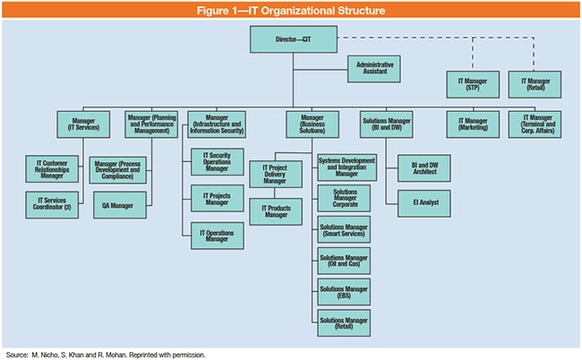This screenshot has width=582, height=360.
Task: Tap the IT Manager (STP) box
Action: (472, 85)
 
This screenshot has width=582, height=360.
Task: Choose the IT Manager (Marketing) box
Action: (472, 123)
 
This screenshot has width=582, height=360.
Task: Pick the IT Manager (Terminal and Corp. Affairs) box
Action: (535, 123)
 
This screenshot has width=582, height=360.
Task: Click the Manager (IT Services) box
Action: (82, 124)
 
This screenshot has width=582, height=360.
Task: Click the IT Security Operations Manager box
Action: (217, 161)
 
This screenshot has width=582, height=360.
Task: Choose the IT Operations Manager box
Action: (217, 236)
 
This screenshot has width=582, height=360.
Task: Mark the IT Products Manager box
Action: (280, 212)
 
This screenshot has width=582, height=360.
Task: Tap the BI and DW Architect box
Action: (425, 167)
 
